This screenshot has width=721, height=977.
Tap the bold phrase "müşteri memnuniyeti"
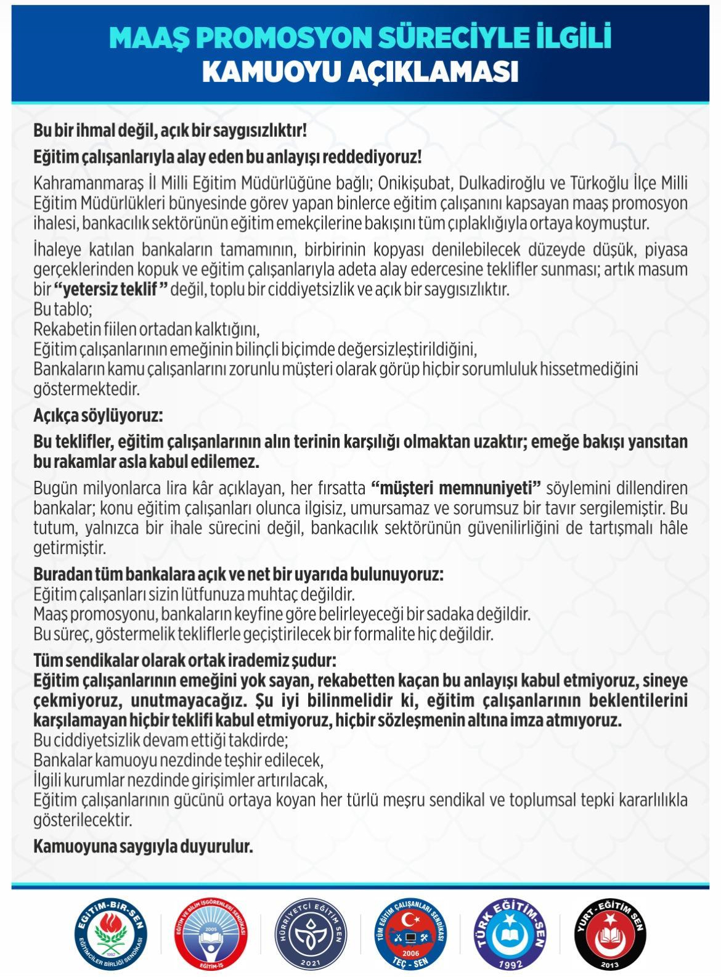coord(455,488)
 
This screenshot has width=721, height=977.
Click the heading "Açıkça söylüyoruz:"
coord(98,415)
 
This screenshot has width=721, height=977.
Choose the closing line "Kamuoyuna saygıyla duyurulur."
coord(143,846)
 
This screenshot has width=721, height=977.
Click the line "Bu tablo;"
coord(62,309)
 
